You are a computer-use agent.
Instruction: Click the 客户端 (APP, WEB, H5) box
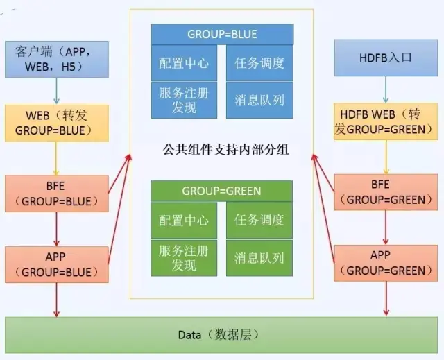click(57, 59)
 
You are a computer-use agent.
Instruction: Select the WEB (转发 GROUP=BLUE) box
click(57, 121)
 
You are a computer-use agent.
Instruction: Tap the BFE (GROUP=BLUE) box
click(57, 194)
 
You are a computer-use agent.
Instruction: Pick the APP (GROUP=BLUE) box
click(57, 264)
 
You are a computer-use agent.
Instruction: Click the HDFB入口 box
click(386, 58)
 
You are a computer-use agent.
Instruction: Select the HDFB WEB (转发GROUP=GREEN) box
click(386, 121)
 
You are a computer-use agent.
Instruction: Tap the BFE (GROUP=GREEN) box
click(386, 192)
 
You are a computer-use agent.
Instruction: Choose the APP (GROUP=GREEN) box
click(386, 263)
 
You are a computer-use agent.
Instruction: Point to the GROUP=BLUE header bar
click(222, 34)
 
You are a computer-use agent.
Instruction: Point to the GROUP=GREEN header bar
click(222, 191)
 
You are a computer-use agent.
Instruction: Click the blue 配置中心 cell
click(184, 63)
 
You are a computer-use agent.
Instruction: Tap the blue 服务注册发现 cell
click(184, 99)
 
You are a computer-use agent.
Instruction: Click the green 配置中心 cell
click(184, 221)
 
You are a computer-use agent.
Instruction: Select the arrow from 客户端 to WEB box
click(57, 90)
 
